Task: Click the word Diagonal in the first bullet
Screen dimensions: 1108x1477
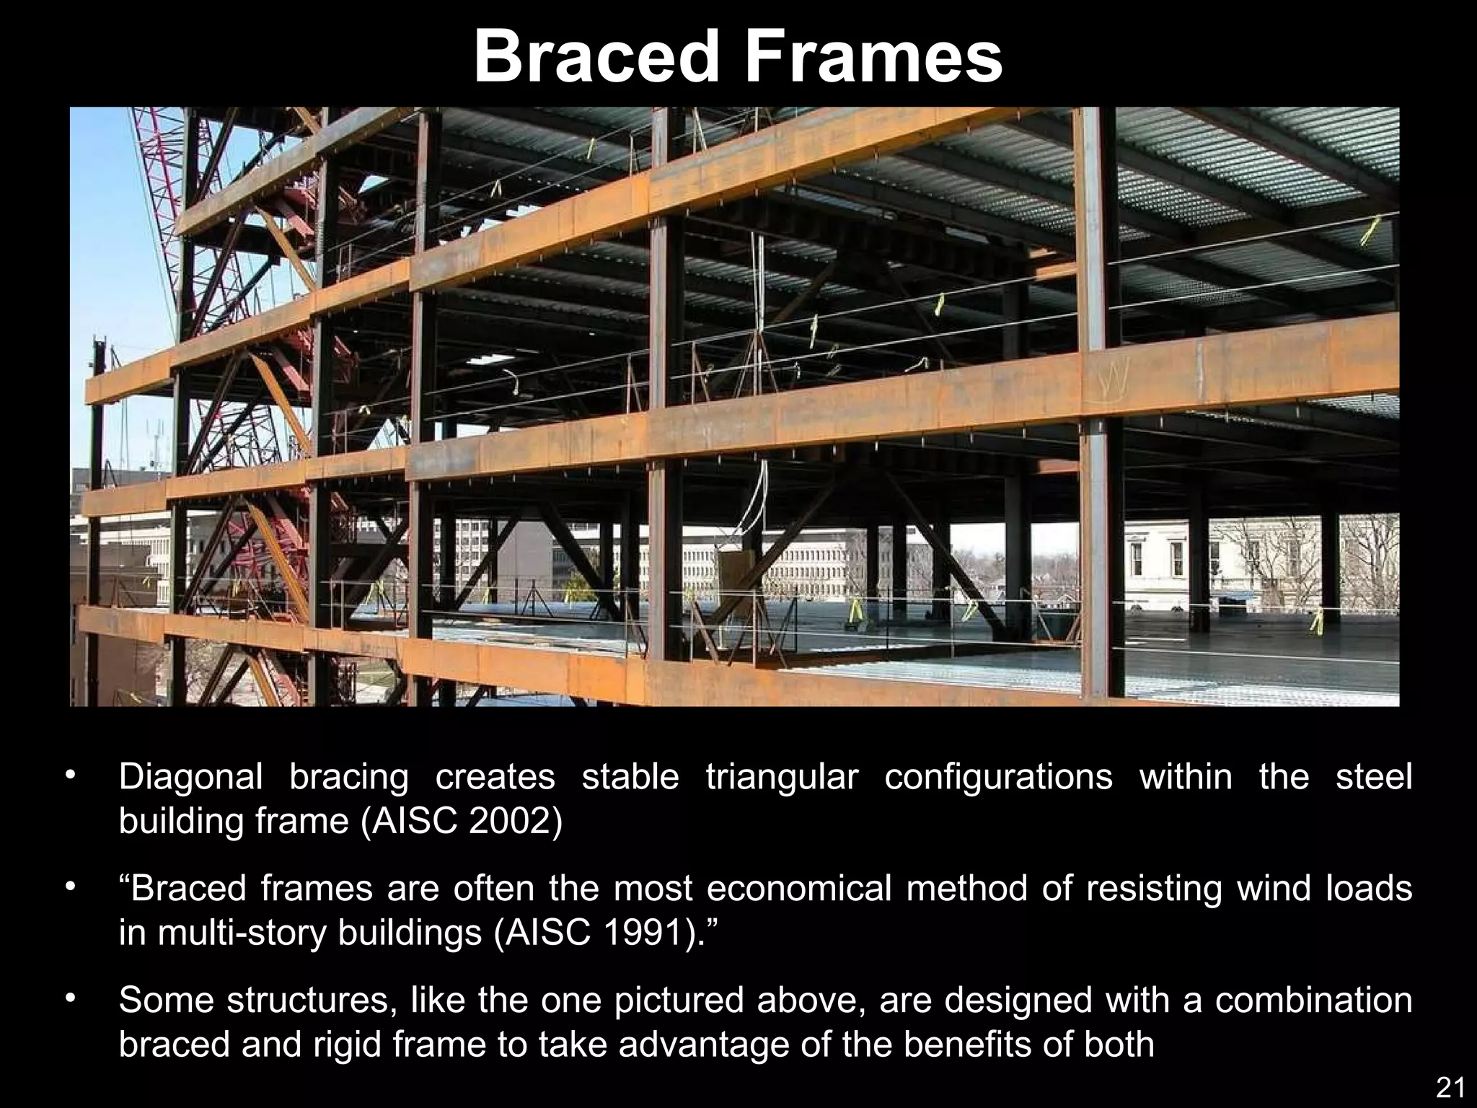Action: point(190,778)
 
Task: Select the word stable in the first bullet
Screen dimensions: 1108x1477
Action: point(630,776)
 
